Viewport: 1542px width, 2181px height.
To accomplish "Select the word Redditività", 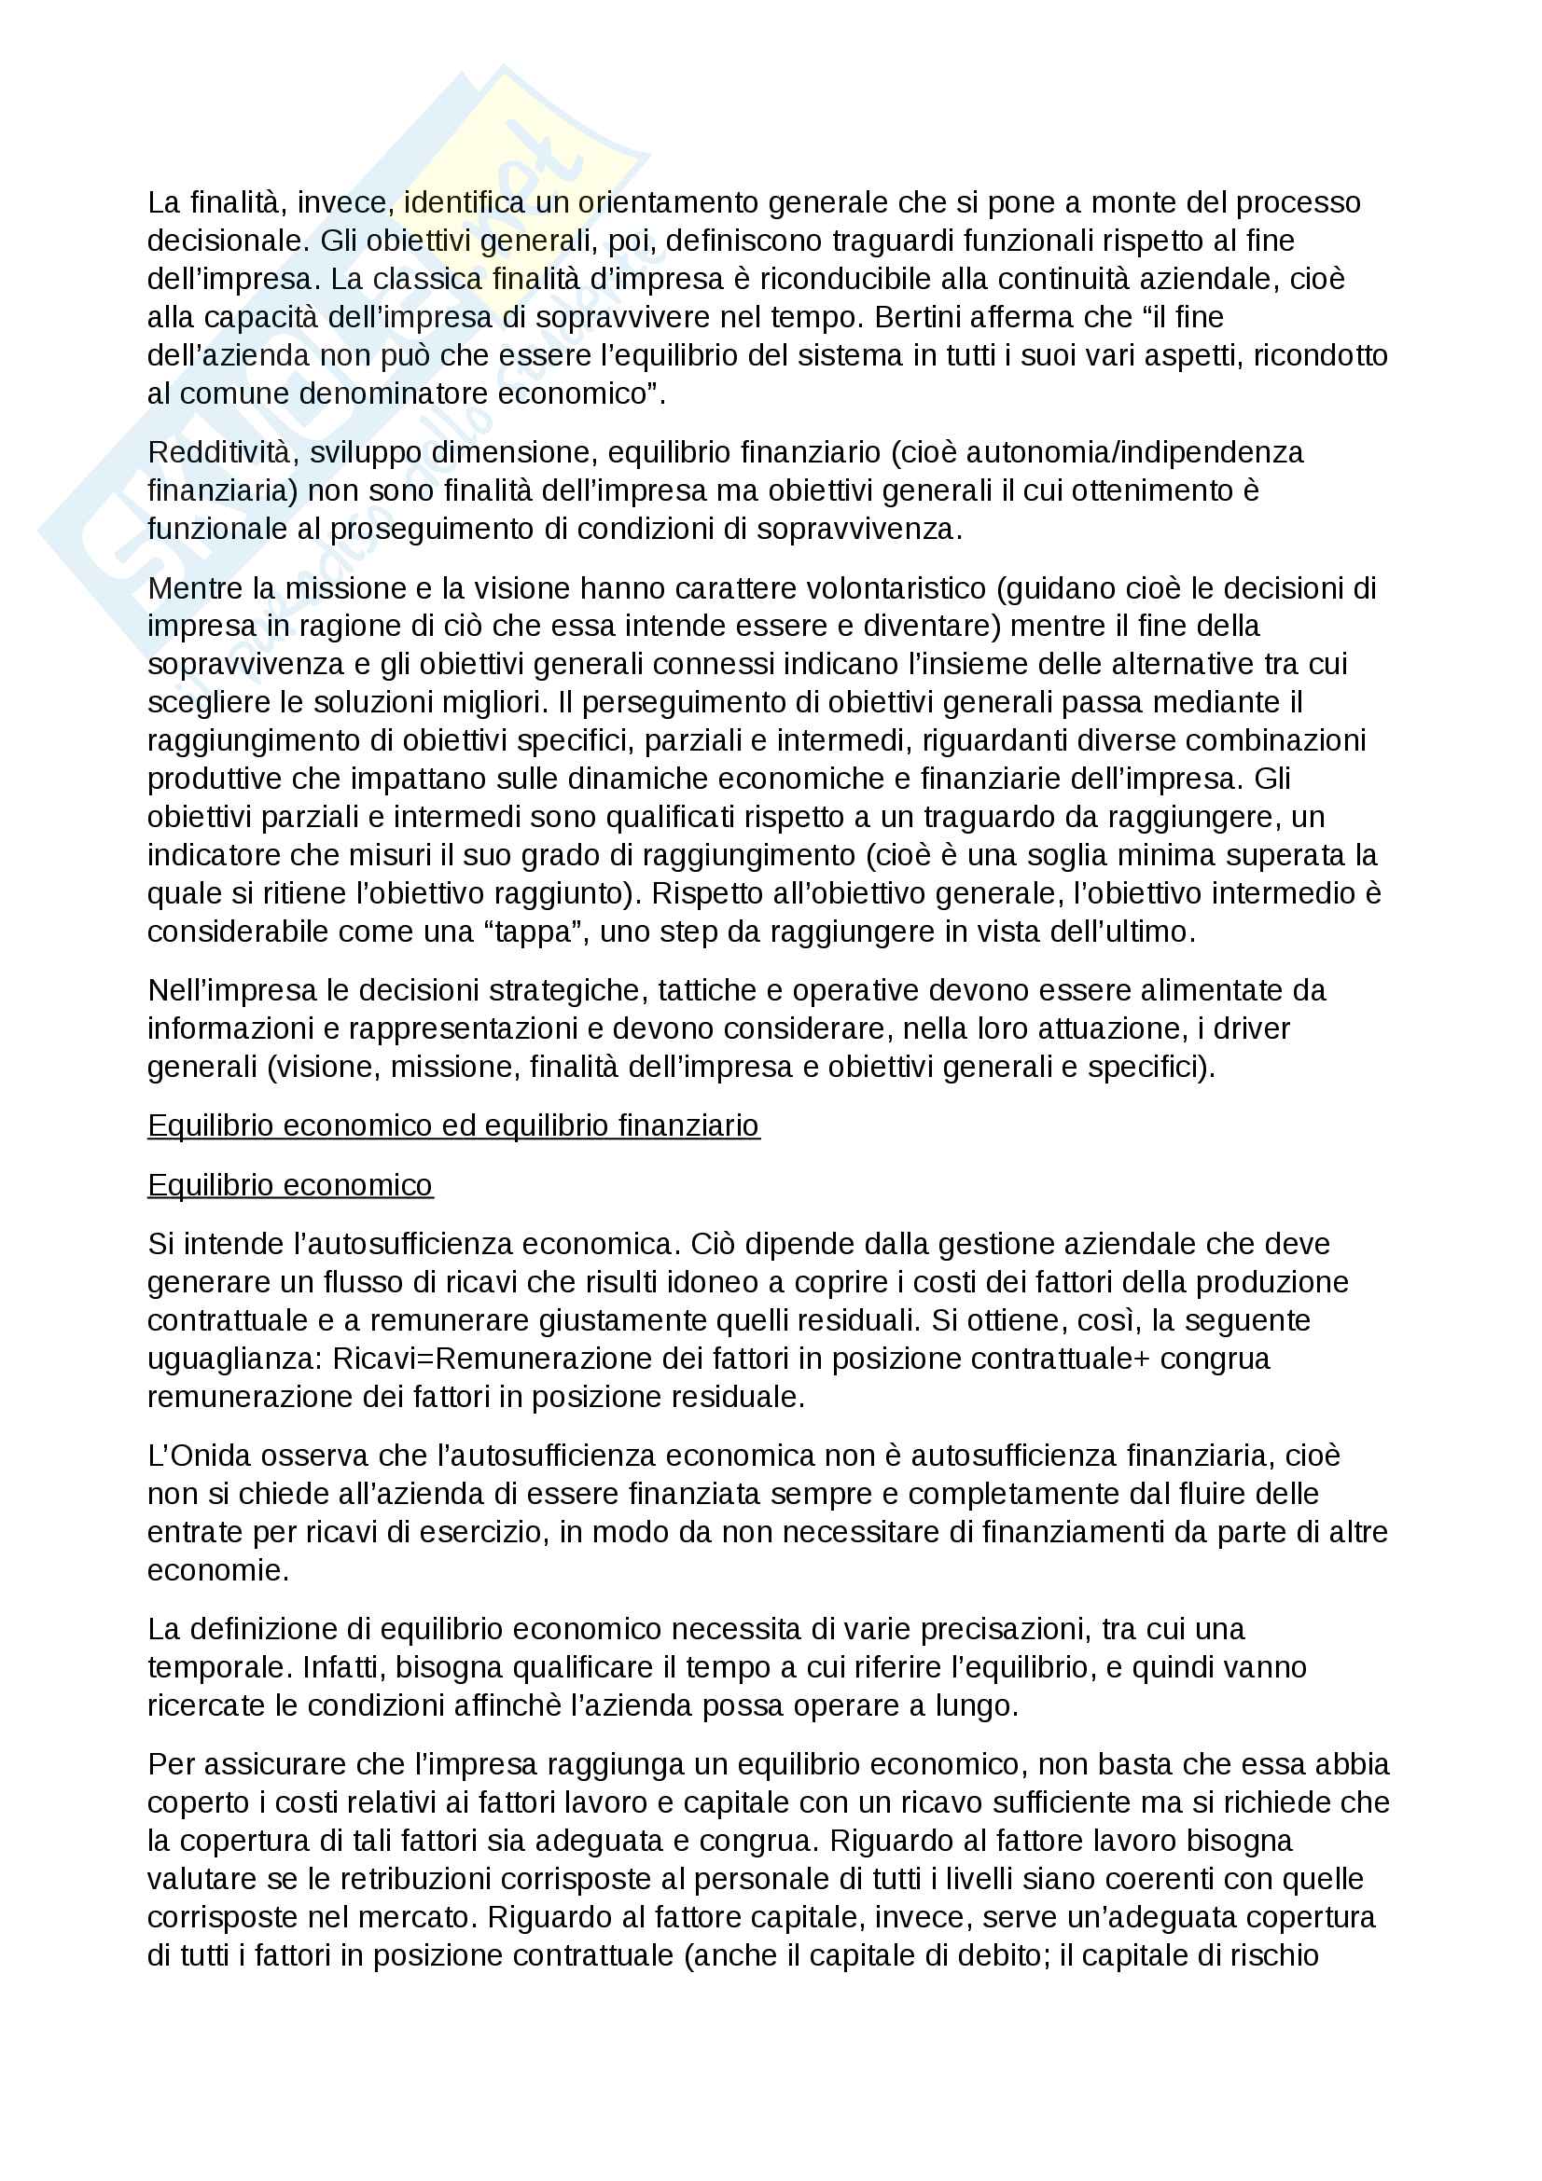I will point(223,452).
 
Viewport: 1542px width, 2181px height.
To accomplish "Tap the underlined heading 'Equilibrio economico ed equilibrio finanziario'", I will point(453,1125).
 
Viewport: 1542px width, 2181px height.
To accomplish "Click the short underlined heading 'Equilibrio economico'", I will point(290,1185).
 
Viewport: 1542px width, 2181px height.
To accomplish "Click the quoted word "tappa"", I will point(535,932).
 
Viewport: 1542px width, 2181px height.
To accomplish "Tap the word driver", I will point(1250,1028).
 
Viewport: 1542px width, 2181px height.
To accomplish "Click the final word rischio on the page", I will point(1274,1956).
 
